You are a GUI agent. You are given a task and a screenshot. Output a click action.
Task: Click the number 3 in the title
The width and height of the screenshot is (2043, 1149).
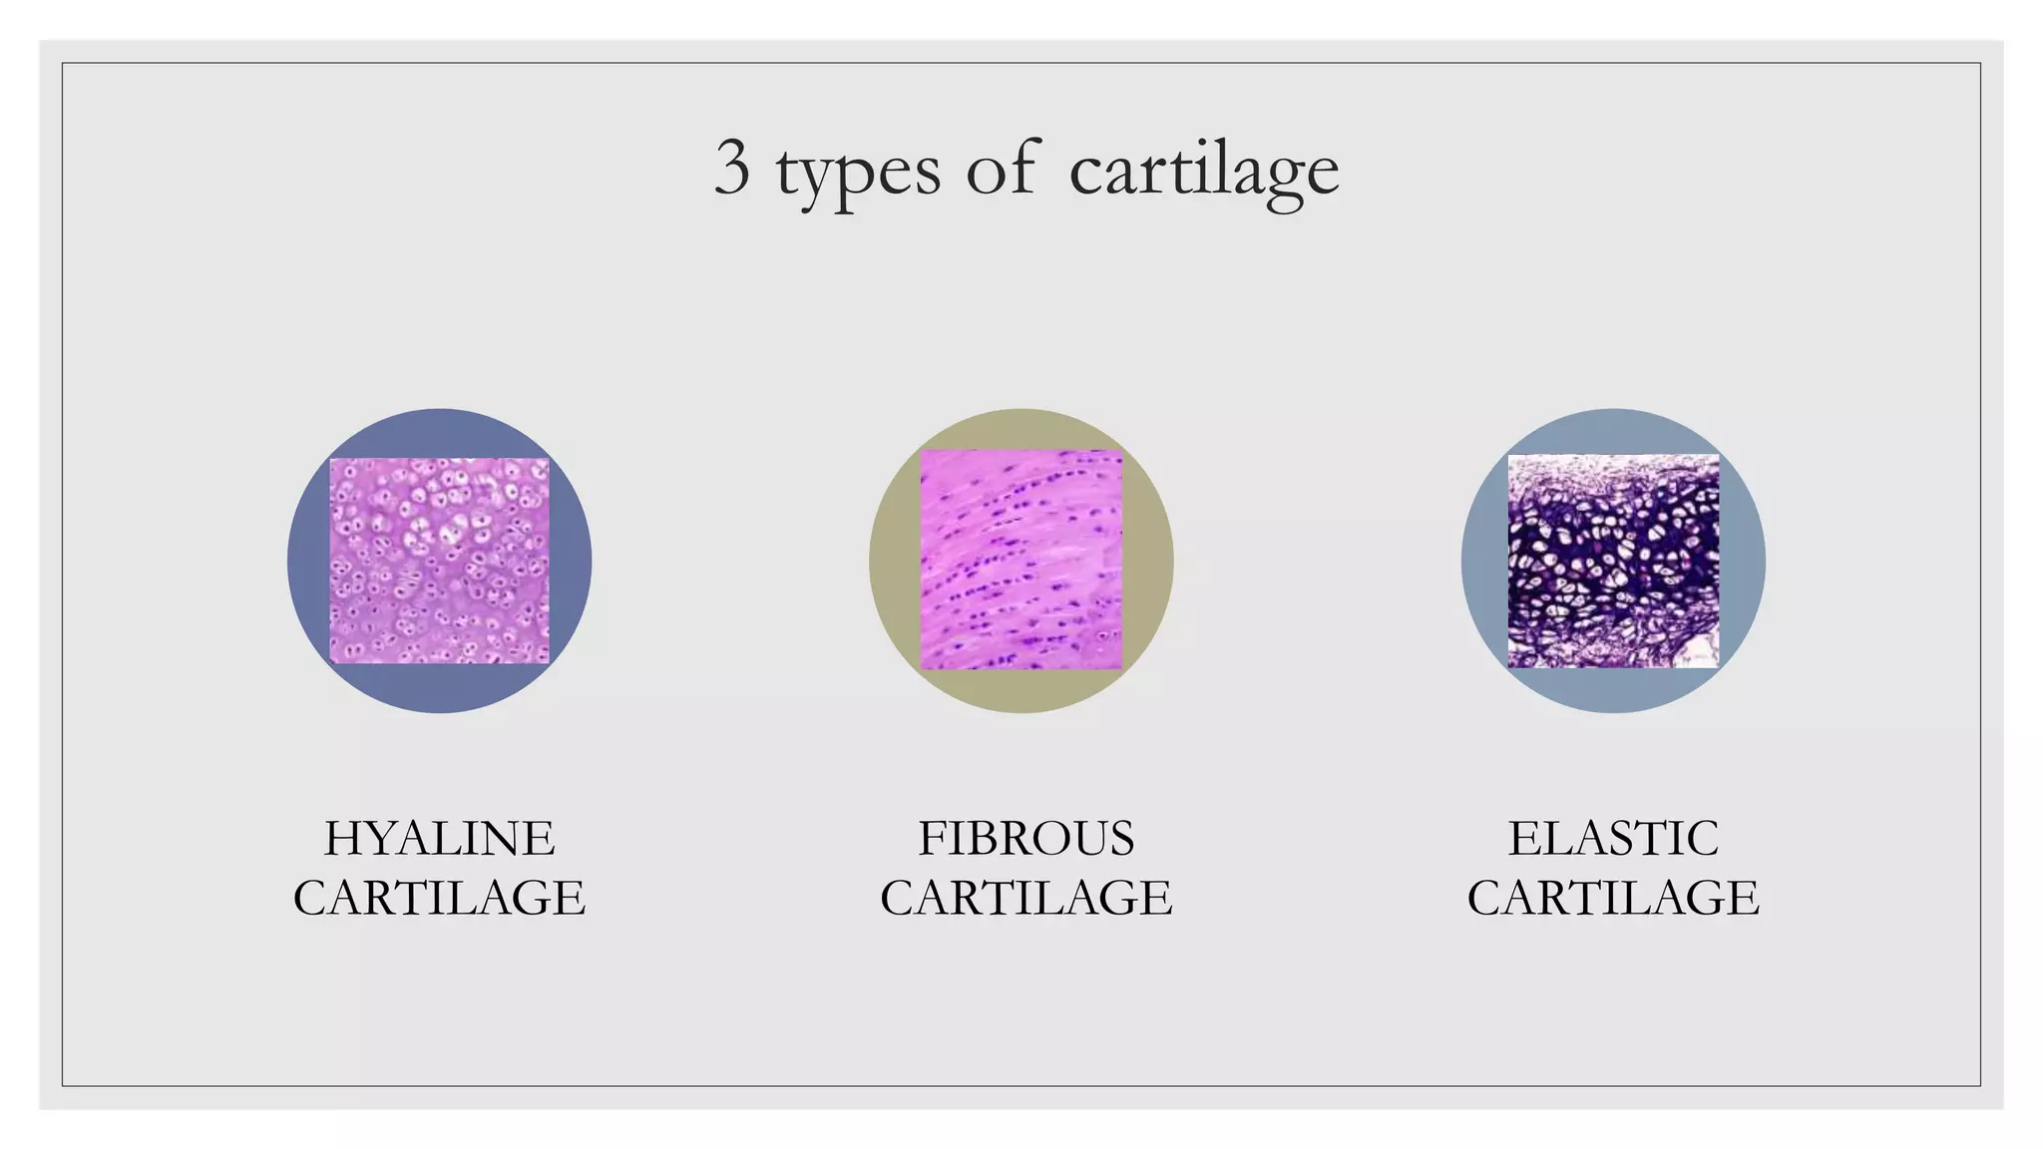[x=731, y=169]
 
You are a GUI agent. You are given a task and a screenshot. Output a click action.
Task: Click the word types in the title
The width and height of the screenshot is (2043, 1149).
[x=857, y=172]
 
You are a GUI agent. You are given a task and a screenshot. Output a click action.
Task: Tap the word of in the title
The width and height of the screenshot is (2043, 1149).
[x=1002, y=169]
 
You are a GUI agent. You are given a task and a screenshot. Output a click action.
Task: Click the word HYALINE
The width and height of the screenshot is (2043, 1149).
[x=439, y=838]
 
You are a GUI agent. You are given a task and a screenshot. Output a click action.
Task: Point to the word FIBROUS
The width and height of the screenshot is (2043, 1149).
[x=1025, y=838]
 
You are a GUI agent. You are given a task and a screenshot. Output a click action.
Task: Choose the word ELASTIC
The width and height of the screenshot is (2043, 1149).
[x=1613, y=838]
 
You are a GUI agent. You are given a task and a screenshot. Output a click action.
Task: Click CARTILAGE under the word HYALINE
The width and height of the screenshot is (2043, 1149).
[x=439, y=898]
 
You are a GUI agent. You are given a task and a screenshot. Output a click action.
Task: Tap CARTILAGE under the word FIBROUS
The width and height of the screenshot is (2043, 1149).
[x=1025, y=898]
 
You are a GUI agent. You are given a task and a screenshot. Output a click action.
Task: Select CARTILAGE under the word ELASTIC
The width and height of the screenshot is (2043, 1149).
[x=1613, y=898]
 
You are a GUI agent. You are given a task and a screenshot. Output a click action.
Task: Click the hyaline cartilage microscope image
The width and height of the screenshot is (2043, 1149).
[x=439, y=561]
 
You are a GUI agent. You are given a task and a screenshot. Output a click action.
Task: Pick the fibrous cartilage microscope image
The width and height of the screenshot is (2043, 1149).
[x=1021, y=560]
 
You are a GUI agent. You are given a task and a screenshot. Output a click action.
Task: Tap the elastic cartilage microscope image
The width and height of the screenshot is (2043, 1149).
[x=1613, y=561]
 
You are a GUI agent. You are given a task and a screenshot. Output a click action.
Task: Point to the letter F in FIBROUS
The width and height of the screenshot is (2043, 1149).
[x=932, y=838]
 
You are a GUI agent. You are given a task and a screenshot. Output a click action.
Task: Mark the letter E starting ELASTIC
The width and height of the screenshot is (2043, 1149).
[x=1522, y=838]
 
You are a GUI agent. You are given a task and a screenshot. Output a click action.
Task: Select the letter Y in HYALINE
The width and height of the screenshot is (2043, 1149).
[x=380, y=838]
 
